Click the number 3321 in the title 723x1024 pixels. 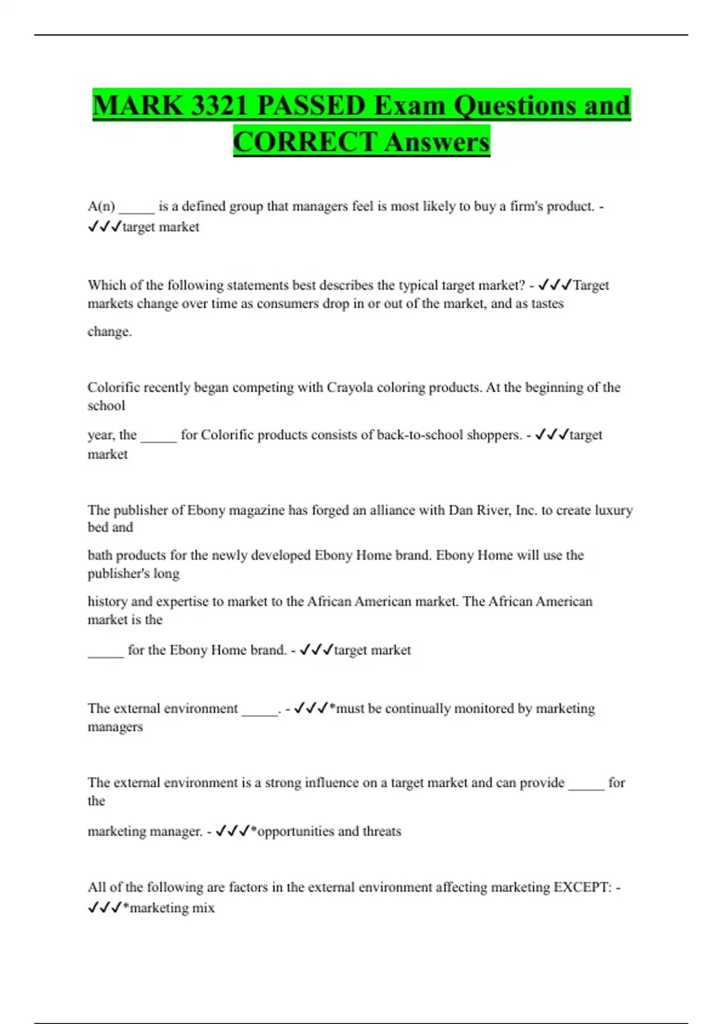pos(219,105)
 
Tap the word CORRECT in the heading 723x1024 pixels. pos(305,142)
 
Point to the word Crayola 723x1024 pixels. pos(349,387)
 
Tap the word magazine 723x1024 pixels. pos(253,510)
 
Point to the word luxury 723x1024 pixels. pos(613,510)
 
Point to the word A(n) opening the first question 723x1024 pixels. pos(101,207)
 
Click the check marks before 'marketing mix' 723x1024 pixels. pos(105,908)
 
